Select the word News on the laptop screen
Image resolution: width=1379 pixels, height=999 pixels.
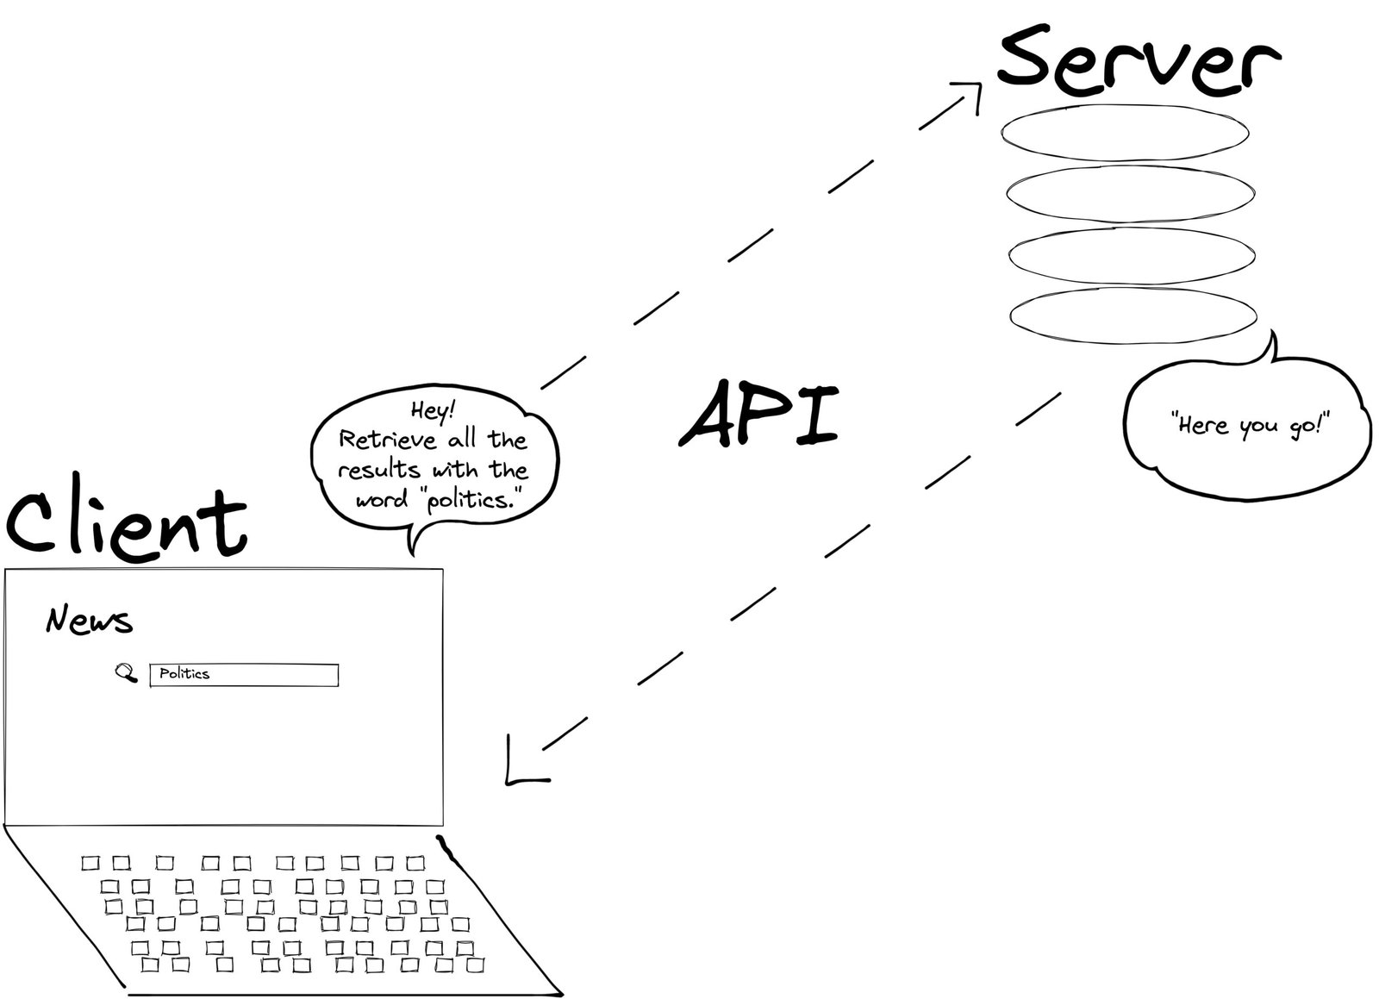click(89, 621)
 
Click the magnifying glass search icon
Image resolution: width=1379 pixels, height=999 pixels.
click(127, 672)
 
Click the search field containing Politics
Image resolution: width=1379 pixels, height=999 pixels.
click(244, 675)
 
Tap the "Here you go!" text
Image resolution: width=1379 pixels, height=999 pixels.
click(1250, 425)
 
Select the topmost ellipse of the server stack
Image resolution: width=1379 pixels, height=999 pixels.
click(1124, 133)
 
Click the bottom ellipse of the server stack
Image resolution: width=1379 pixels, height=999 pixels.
click(1133, 315)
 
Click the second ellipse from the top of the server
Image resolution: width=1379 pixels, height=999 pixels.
click(1129, 194)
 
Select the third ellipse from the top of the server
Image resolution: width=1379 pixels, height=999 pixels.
click(1131, 255)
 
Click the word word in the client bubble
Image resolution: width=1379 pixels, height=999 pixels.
click(381, 500)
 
